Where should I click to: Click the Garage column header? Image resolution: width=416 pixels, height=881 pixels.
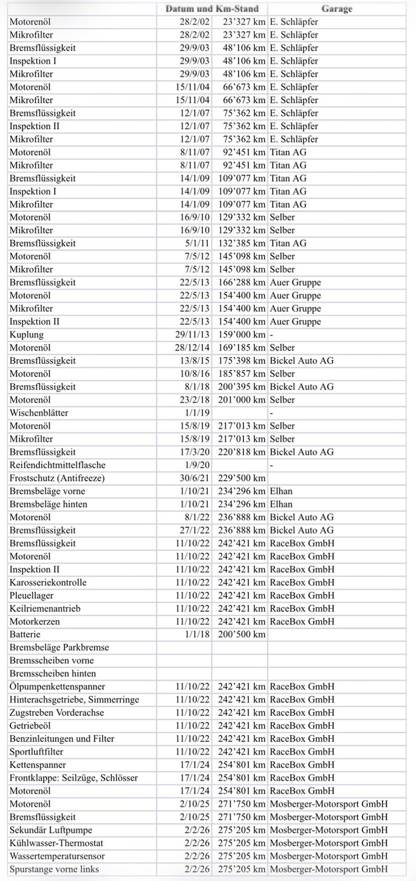tap(337, 9)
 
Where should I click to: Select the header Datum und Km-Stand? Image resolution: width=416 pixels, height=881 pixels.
tap(212, 9)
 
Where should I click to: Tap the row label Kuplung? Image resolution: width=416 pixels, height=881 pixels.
tap(27, 335)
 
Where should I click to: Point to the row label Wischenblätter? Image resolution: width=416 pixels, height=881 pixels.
tap(39, 413)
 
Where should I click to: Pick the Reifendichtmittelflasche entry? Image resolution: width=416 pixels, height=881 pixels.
tap(57, 465)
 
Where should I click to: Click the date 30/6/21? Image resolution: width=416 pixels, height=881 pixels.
tap(194, 478)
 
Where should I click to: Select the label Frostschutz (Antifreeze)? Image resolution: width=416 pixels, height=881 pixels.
tap(57, 478)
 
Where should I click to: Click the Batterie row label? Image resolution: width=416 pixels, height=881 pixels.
tap(25, 635)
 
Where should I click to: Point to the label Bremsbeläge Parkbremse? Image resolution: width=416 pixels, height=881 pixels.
tap(59, 647)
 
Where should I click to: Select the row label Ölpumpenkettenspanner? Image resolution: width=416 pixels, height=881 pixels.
tap(57, 687)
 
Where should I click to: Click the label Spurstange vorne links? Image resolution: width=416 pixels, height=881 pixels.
tap(54, 869)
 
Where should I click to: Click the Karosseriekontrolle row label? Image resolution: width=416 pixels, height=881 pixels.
tap(48, 582)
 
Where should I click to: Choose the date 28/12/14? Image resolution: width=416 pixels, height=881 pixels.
tap(194, 348)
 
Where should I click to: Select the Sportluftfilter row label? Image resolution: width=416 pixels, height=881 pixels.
tap(37, 752)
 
